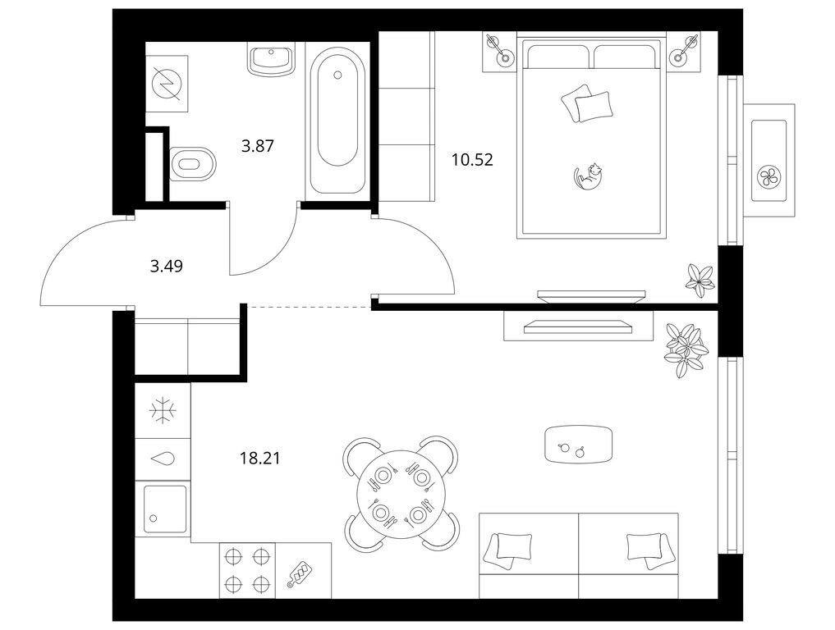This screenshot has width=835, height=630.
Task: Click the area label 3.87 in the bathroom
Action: (x=257, y=146)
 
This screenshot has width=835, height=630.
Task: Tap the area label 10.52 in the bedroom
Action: (x=472, y=160)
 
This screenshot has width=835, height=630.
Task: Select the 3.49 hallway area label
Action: (x=166, y=266)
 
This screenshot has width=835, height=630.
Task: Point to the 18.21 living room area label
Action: (x=259, y=458)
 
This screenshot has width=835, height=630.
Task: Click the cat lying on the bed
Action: (x=588, y=176)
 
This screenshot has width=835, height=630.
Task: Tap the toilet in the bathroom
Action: (x=192, y=164)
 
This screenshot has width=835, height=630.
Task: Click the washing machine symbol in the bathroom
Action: (x=167, y=84)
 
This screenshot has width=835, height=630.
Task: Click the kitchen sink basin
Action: (x=163, y=509)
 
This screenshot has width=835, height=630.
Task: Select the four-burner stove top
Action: (x=247, y=570)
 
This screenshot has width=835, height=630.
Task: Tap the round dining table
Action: (x=401, y=494)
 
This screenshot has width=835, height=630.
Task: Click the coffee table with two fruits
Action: (x=579, y=445)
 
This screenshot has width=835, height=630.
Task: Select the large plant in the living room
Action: (x=686, y=349)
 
